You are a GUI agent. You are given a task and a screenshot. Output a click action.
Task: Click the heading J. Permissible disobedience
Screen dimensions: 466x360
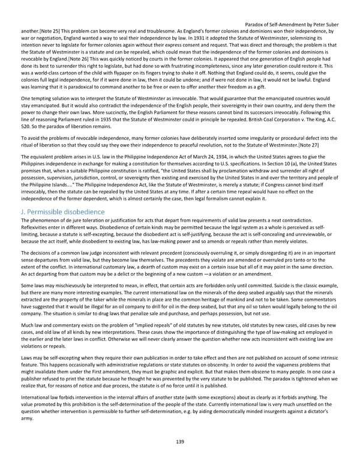(63, 195)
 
